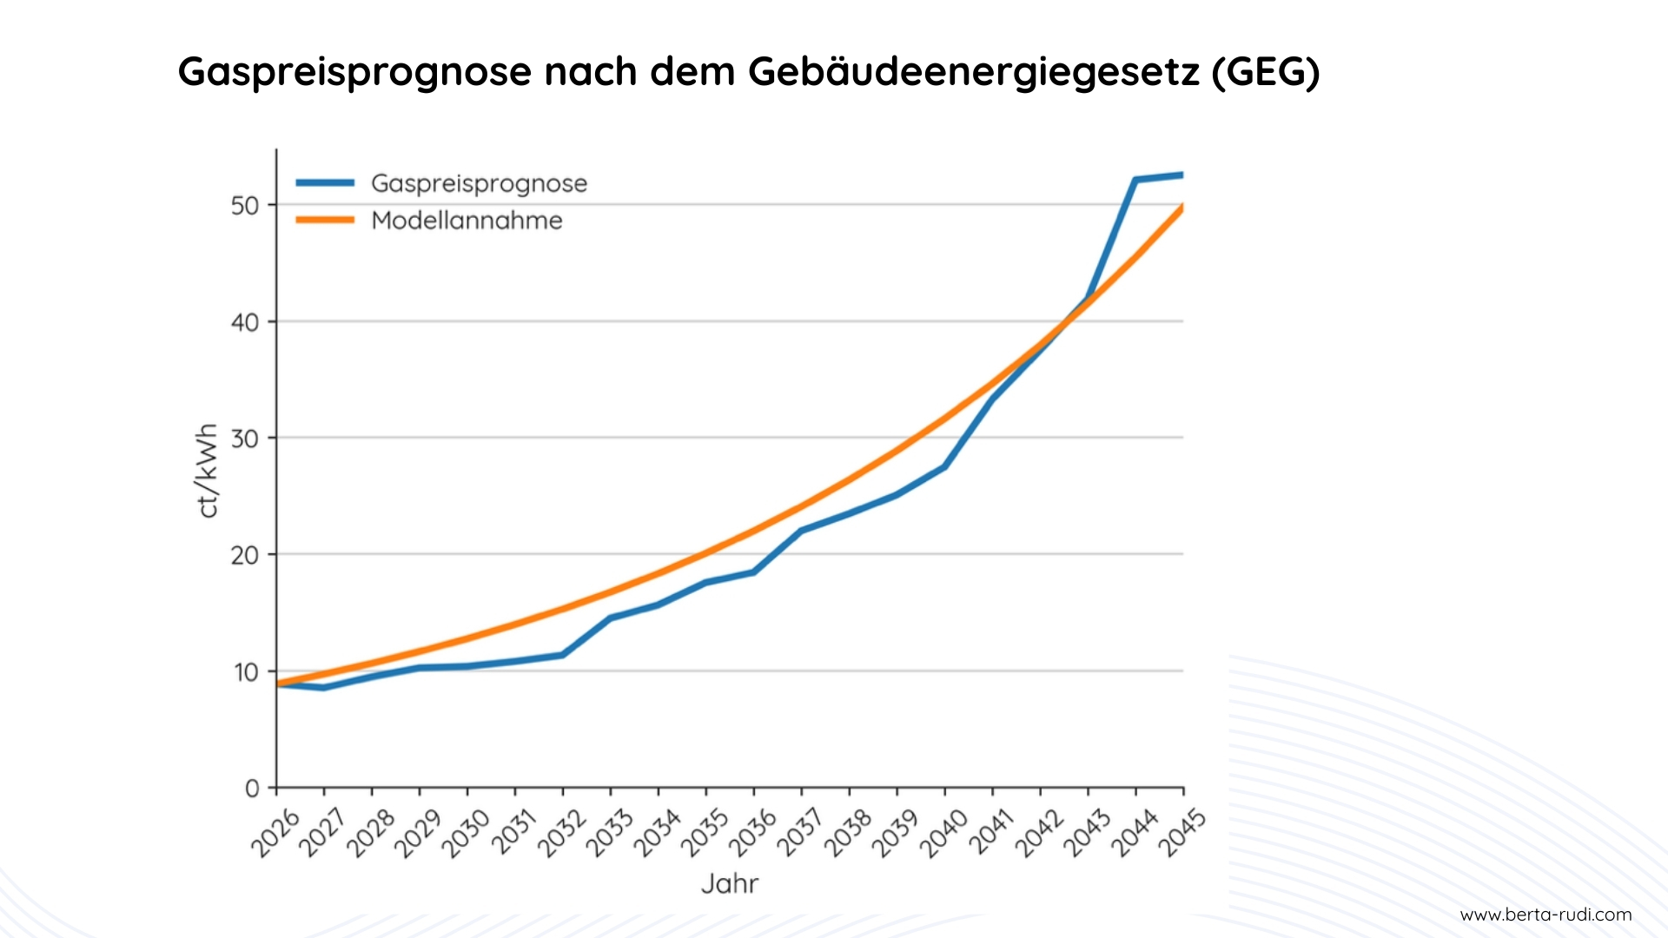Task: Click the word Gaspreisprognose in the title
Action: [x=354, y=72]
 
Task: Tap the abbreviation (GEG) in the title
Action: [x=1267, y=72]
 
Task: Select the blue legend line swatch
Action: [x=325, y=182]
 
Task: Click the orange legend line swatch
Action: [x=325, y=220]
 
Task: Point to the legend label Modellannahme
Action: [x=467, y=221]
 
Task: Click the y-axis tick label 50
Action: [x=245, y=206]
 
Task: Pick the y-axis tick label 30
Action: [x=245, y=439]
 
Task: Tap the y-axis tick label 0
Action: [x=252, y=789]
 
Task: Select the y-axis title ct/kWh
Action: [x=207, y=471]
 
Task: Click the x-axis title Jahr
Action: [x=730, y=884]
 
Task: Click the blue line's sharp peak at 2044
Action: [x=1135, y=180]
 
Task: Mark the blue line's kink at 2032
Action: [x=563, y=654]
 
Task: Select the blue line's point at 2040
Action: [x=944, y=467]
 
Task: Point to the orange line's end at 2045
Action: [x=1181, y=208]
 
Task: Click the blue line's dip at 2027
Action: [x=324, y=687]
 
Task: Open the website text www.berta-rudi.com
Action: [x=1546, y=915]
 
